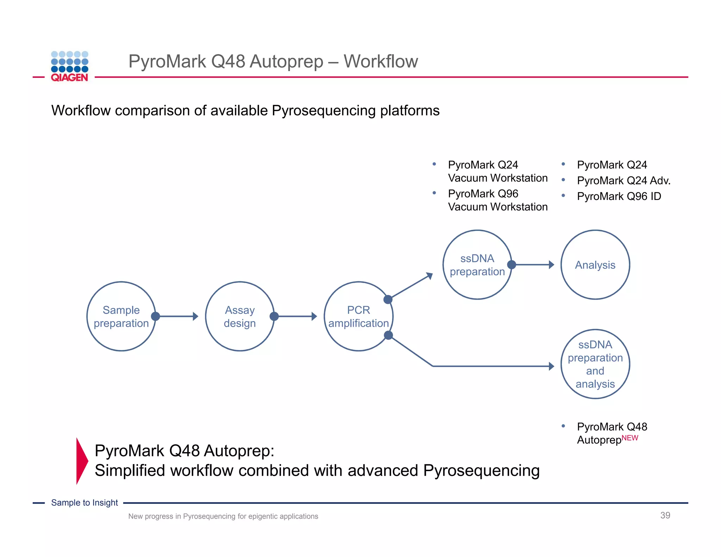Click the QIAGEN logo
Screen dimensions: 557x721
coord(69,67)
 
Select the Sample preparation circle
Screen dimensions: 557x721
coord(121,316)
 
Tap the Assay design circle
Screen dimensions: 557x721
coord(240,316)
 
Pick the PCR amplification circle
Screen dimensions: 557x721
coord(358,316)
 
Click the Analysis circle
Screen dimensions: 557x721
coord(595,265)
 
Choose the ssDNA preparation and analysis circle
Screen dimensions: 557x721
coord(595,364)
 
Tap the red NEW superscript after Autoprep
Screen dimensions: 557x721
coord(630,438)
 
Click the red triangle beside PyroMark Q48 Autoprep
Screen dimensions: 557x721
coord(81,461)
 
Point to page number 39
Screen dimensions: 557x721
coord(665,515)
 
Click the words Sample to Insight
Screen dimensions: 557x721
coord(84,502)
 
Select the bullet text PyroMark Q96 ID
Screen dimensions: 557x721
coord(619,196)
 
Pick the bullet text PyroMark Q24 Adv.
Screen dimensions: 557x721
coord(623,181)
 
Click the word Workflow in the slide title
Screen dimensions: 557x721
coord(381,61)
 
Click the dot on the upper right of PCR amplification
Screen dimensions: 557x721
coord(388,299)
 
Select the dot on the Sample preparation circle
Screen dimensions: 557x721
coord(155,316)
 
